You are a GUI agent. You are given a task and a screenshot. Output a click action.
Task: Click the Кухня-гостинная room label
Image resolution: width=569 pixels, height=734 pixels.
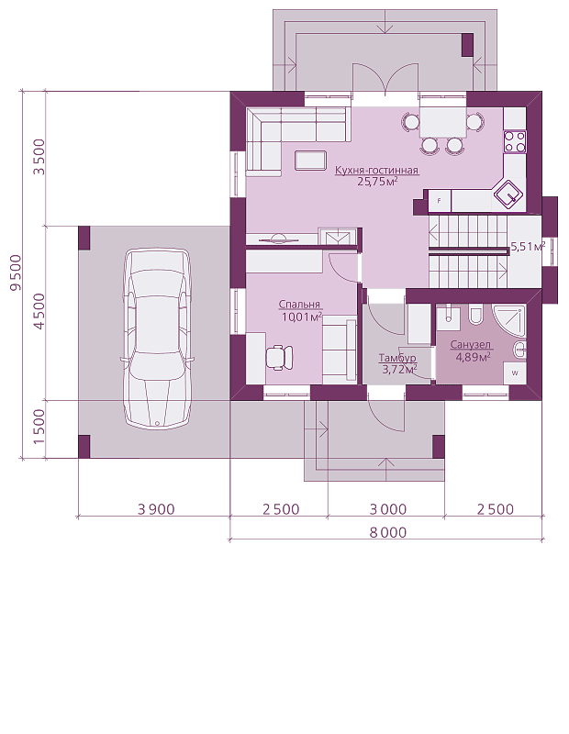coord(376,170)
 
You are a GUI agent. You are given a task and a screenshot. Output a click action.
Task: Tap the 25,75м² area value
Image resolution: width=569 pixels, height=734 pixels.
coord(377,181)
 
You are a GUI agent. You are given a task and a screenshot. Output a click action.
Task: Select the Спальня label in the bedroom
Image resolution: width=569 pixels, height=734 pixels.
coord(299,305)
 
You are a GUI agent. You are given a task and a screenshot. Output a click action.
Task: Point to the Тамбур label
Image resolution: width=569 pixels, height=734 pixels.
coord(397,359)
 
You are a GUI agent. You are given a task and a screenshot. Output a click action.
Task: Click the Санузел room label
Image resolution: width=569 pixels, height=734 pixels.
coord(471,345)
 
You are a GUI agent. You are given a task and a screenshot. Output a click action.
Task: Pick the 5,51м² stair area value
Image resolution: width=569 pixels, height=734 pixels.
coord(528,247)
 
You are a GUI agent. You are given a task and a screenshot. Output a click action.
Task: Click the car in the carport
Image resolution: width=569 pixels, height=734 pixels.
coord(156,338)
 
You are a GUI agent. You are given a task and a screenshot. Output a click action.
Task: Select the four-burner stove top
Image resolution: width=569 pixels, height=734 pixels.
coord(514,141)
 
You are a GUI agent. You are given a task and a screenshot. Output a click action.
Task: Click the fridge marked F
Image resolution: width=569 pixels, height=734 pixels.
coord(440,201)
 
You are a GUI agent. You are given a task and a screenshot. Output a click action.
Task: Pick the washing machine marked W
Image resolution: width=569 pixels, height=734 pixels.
coord(515,373)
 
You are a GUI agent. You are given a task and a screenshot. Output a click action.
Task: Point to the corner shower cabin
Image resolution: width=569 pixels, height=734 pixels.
coord(509,320)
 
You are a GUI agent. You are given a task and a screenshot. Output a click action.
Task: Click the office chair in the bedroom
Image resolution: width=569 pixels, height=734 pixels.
coord(280,358)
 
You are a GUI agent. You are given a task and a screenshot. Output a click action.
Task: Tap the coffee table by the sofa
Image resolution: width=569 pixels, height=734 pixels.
coord(310,160)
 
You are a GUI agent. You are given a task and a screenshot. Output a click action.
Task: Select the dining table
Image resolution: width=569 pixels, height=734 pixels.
coord(442,123)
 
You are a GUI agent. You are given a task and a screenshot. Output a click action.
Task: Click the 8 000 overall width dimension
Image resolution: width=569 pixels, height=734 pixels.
coord(388,533)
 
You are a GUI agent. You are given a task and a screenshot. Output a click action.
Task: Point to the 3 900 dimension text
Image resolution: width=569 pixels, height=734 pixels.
coord(156,509)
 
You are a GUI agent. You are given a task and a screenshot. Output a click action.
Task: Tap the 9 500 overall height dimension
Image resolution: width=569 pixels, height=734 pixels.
coord(16,272)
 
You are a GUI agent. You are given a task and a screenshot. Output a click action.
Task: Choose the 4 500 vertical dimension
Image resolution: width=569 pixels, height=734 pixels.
coord(39,311)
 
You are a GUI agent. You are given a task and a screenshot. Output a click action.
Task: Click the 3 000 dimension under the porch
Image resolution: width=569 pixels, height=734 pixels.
coord(388,509)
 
